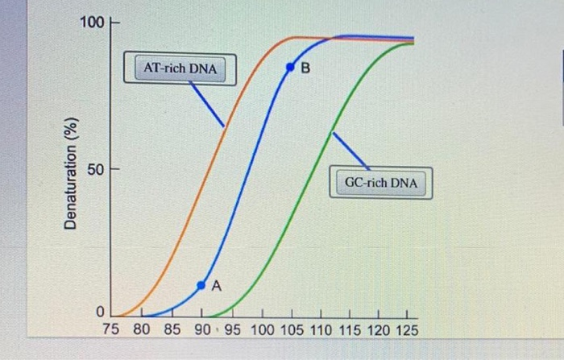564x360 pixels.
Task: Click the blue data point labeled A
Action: pos(202,284)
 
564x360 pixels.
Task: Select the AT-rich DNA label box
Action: pos(180,68)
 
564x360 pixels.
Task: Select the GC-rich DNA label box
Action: pos(381,183)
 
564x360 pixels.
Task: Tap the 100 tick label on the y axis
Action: pos(93,23)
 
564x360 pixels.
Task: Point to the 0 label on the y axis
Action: pos(101,312)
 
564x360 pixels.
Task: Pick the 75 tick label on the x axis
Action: pos(112,329)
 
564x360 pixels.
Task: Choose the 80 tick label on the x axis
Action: pos(140,329)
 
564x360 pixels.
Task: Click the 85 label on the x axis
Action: pos(171,329)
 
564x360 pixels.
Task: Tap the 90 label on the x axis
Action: pos(201,329)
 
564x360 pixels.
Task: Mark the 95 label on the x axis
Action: pos(231,329)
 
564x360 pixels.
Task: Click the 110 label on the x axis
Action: pos(322,329)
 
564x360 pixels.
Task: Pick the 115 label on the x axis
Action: pos(352,329)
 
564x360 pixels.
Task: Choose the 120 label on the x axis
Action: pos(380,329)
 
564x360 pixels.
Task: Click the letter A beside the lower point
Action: pos(216,286)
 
